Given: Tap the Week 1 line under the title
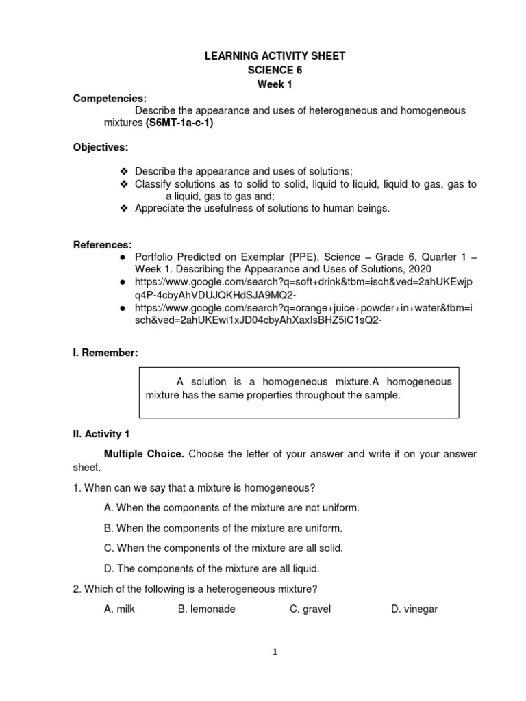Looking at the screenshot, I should (274, 84).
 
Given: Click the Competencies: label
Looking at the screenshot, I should (110, 99).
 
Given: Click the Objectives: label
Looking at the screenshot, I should (101, 147).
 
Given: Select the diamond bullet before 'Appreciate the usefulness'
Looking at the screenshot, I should (124, 209).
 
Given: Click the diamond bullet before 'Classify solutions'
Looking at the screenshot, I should (124, 185).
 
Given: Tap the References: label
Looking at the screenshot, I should (103, 244).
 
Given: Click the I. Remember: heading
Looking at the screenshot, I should (105, 353).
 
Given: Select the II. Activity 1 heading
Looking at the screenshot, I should (106, 434).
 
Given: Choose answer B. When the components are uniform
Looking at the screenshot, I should (223, 528).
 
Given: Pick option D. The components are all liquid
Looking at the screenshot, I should (212, 568).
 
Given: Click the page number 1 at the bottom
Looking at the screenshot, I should (275, 652).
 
